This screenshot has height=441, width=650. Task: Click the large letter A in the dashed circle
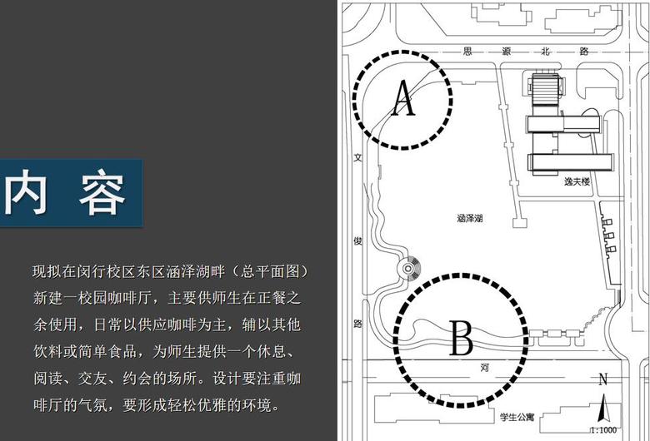[403, 98]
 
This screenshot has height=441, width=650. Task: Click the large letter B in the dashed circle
[461, 339]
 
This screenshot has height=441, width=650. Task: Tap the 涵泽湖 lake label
[470, 218]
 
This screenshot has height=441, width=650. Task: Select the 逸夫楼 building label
[577, 181]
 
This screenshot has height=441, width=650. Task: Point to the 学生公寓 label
[517, 417]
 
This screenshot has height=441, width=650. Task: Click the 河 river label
[485, 368]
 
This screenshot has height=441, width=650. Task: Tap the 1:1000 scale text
[603, 430]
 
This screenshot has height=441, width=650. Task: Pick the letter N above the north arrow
[603, 379]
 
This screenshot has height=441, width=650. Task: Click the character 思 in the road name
[467, 51]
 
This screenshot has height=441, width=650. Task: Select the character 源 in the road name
[506, 51]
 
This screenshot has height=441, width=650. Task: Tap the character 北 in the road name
[546, 51]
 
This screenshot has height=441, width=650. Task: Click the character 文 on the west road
[358, 158]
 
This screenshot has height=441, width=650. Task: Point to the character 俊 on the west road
[358, 240]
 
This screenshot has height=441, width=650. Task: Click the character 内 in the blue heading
[27, 192]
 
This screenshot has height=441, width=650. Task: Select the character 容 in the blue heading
[102, 192]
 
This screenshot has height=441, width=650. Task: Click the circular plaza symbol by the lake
[408, 269]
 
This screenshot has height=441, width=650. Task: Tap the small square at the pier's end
[520, 223]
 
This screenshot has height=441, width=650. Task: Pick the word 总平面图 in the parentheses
[270, 271]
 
